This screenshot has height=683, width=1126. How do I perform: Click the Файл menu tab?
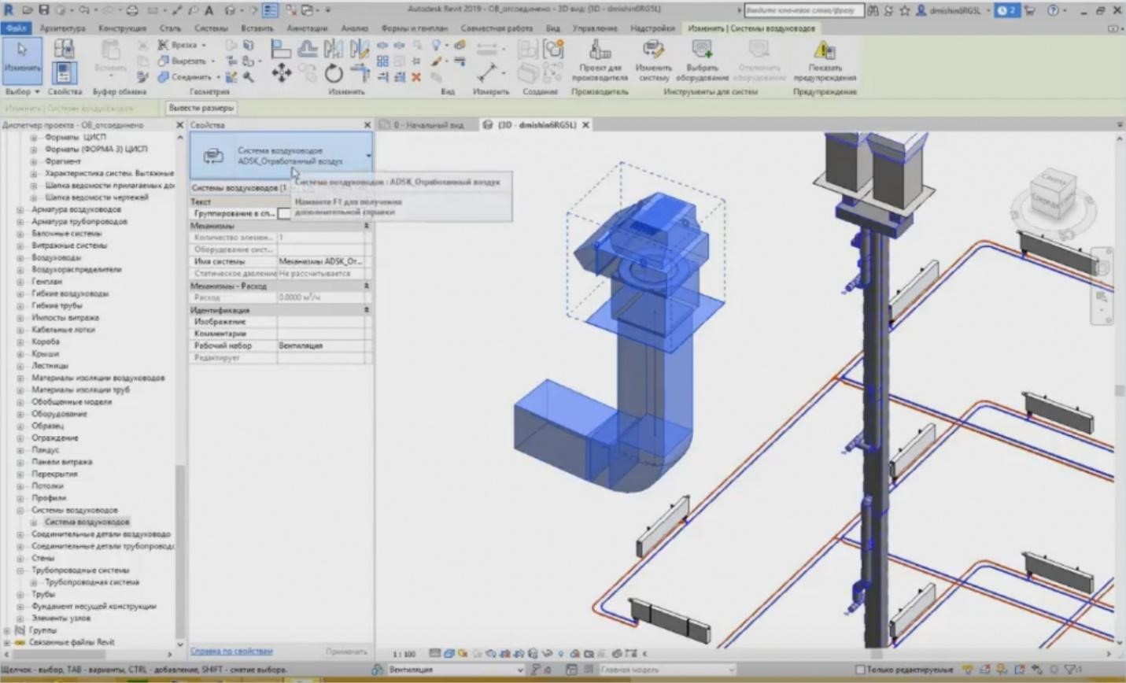coord(16,28)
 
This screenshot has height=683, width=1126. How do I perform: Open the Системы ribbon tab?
coord(210,28)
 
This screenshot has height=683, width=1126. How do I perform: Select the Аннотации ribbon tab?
coord(307,28)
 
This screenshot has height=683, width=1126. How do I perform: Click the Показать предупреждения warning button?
coord(825,61)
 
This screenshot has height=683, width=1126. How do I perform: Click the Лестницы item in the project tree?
coord(50,366)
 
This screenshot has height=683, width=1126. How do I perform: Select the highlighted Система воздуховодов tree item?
coord(87,522)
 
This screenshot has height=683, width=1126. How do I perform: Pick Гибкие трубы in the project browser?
coord(57,305)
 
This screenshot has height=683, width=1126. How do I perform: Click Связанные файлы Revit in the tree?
coord(72,642)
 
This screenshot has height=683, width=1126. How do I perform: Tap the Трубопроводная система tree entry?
coord(91,582)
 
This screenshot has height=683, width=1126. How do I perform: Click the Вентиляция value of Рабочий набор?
coord(301,345)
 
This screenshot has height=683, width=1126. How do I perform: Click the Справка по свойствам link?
coord(231,652)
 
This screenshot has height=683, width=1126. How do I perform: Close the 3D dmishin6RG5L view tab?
coord(585,125)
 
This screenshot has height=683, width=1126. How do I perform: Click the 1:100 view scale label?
coord(404,654)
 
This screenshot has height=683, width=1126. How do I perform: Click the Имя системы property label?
coord(220,261)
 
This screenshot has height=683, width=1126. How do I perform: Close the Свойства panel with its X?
coord(367,125)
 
